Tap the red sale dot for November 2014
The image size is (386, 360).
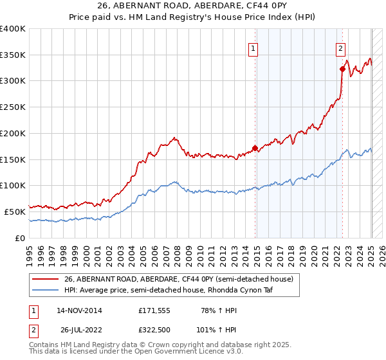pyautogui.click(x=255, y=148)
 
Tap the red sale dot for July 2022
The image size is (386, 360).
pyautogui.click(x=342, y=68)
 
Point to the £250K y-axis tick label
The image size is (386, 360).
pyautogui.click(x=13, y=107)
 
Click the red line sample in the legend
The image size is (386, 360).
pyautogui.click(x=46, y=279)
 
